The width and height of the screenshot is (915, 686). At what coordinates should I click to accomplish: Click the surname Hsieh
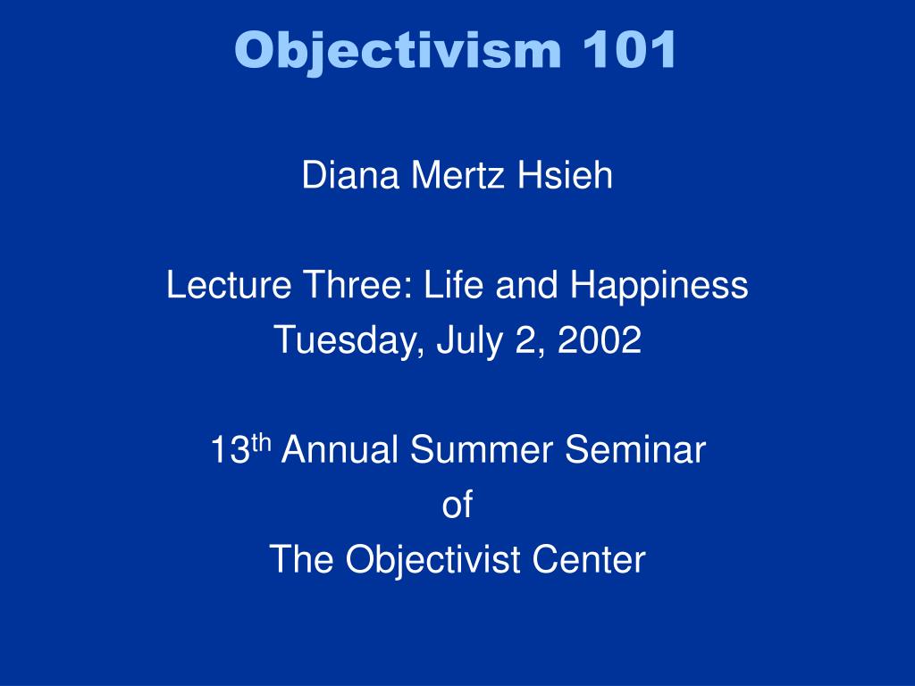tap(565, 176)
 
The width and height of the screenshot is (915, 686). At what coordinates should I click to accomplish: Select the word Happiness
tap(659, 286)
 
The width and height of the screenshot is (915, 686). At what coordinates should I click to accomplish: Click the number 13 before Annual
tap(230, 451)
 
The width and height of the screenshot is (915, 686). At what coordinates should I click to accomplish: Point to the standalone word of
tap(457, 506)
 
